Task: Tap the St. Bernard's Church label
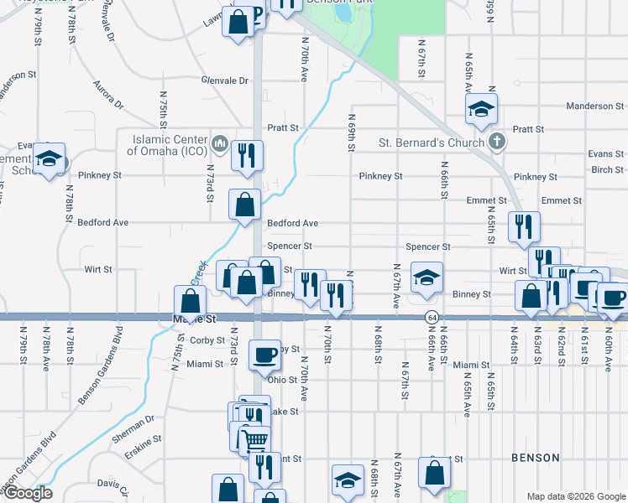click(x=431, y=142)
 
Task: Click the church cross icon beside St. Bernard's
click(x=497, y=142)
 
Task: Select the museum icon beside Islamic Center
click(x=220, y=142)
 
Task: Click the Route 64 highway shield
click(x=432, y=318)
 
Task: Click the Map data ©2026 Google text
click(x=575, y=496)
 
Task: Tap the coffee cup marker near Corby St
click(x=264, y=355)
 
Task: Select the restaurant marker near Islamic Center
click(x=247, y=156)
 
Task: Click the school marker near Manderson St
click(x=482, y=109)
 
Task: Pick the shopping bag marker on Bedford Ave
click(x=244, y=205)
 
